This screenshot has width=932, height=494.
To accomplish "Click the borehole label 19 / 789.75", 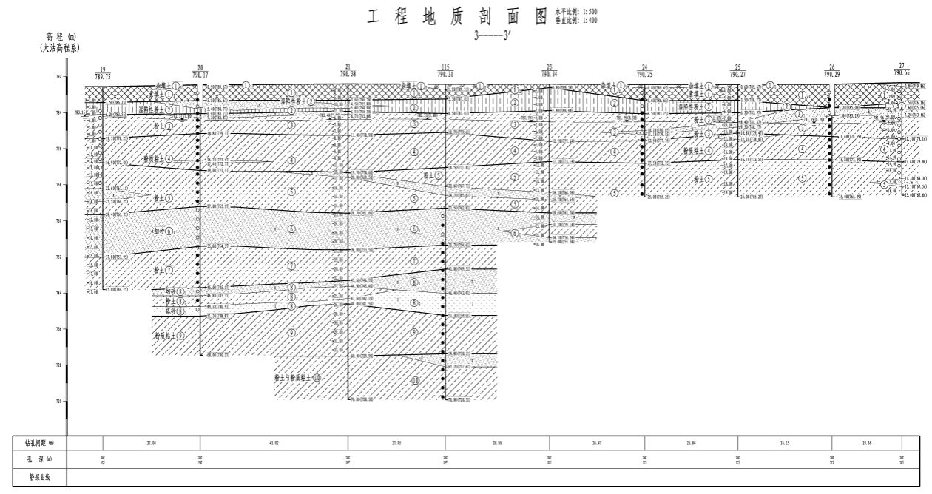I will [103, 74].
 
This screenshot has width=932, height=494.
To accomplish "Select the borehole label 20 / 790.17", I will [200, 74].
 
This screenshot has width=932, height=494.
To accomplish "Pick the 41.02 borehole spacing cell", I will [274, 443].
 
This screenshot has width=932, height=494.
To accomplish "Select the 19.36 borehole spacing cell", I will [866, 443].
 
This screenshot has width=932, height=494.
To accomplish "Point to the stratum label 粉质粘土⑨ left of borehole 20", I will [170, 335].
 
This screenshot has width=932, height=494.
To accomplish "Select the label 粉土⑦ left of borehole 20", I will [163, 270].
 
